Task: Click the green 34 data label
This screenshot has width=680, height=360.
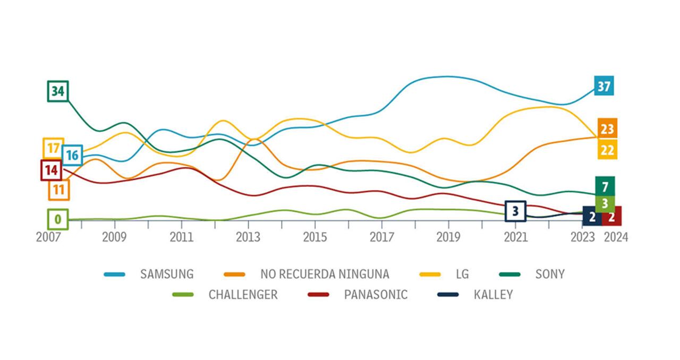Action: [58, 91]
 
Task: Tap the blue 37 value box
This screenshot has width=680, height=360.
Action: [604, 85]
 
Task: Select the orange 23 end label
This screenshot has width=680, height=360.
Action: [607, 128]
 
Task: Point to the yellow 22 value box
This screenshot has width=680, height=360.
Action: [607, 150]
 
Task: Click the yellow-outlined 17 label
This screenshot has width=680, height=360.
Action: [53, 148]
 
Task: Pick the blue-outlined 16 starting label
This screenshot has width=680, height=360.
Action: [72, 155]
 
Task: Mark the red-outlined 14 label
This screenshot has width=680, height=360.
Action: [51, 170]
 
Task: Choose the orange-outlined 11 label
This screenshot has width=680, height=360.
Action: [59, 190]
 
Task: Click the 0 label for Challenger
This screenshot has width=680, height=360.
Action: [58, 219]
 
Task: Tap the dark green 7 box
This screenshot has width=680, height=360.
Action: [605, 186]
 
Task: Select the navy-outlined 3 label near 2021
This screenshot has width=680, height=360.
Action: [515, 211]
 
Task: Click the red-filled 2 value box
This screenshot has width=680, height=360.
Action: [612, 217]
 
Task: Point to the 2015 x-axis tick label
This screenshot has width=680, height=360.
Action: [314, 237]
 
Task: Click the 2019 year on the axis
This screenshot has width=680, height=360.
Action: [448, 237]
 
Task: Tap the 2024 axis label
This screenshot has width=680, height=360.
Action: [616, 237]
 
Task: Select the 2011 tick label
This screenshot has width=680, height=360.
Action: [181, 237]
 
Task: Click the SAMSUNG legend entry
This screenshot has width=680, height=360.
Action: [166, 274]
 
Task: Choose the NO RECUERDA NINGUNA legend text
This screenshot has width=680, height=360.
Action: [325, 274]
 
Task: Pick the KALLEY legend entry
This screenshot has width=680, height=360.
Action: [493, 295]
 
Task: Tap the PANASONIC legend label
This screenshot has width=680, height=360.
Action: [376, 295]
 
